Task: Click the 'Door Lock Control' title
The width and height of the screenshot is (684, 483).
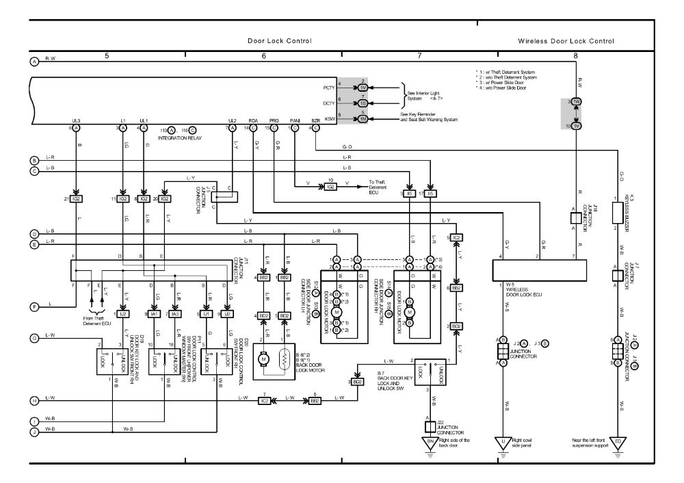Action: [x=280, y=41]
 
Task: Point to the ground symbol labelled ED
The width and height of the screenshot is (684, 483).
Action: [x=618, y=441]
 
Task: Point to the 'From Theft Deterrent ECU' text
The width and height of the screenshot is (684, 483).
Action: [x=97, y=320]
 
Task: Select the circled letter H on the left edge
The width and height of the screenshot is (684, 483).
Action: [x=34, y=400]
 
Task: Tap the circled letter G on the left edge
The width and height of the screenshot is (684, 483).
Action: [x=34, y=337]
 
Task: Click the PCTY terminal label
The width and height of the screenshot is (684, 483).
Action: [x=328, y=88]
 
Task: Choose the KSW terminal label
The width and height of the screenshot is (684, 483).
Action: [x=329, y=118]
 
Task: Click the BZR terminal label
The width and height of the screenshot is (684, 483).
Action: [x=315, y=120]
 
